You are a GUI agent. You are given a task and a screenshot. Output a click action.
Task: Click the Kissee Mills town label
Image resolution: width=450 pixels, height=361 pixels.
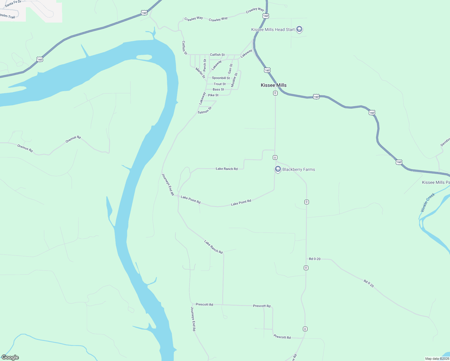coord(273,85)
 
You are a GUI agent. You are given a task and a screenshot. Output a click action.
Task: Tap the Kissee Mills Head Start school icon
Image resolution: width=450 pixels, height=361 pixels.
coord(299,29)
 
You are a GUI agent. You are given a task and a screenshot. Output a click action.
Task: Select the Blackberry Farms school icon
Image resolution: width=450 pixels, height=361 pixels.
coord(278,169)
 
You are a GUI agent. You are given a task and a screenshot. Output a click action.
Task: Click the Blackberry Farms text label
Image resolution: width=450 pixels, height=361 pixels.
coord(298,169)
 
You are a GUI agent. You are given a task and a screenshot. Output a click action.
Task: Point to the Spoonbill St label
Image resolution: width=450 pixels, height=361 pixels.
coord(221,78)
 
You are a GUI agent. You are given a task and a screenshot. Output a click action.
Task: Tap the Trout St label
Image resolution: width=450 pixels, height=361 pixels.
coord(220,84)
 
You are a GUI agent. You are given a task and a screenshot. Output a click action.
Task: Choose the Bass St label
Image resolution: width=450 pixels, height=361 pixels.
coord(218,89)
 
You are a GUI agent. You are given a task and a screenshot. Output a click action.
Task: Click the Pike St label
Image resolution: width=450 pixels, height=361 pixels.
coord(213,95)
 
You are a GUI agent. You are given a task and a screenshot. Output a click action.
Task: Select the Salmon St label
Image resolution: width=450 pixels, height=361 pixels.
coord(205,110)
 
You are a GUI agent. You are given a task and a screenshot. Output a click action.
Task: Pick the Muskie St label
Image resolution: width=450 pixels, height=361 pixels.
coord(234,80)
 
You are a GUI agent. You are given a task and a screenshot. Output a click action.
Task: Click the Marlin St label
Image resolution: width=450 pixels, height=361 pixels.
coord(200,73)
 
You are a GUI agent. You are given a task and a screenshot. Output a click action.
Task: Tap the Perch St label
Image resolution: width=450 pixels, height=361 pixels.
coord(205,65)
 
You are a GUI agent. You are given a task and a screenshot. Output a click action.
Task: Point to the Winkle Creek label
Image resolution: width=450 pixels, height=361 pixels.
coord(428,202)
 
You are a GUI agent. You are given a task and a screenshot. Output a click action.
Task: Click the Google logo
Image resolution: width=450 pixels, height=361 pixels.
coord(10,357)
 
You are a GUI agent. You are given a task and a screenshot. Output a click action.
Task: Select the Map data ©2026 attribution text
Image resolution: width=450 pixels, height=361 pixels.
coord(437,359)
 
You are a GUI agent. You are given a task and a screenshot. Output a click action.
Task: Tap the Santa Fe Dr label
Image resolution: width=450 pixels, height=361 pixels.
coord(13,4)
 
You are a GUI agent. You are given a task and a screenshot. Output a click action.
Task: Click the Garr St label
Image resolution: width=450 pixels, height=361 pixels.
coord(230,69)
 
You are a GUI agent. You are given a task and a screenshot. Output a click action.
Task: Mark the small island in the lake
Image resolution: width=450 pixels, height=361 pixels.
coord(144,57)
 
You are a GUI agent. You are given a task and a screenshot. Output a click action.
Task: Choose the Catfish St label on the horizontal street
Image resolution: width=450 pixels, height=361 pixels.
coord(217,55)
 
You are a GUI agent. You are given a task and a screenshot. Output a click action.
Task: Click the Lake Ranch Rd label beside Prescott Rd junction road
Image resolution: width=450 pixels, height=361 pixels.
coord(213,247)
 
